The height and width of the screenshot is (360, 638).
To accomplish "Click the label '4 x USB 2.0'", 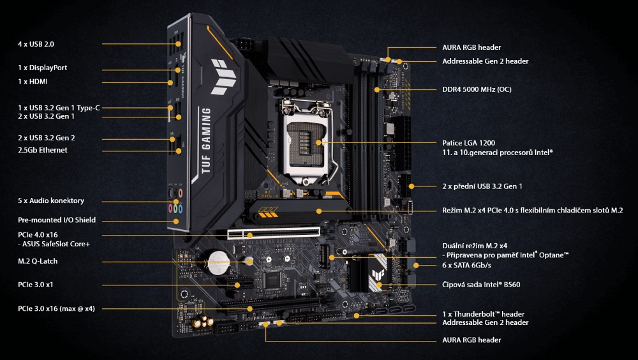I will (36, 44).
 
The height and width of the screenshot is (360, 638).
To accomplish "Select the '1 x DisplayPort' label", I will (42, 68).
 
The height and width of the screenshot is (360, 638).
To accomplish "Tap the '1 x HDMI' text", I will (33, 82).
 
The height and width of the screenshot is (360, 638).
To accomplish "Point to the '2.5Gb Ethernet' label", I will (42, 150).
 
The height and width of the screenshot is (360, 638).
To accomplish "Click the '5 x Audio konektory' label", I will (50, 200).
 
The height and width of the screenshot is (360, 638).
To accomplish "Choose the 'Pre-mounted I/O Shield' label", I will (56, 220).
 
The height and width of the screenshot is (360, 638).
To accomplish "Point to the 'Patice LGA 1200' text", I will (468, 142).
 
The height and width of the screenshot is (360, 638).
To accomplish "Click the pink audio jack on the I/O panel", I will (171, 207).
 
